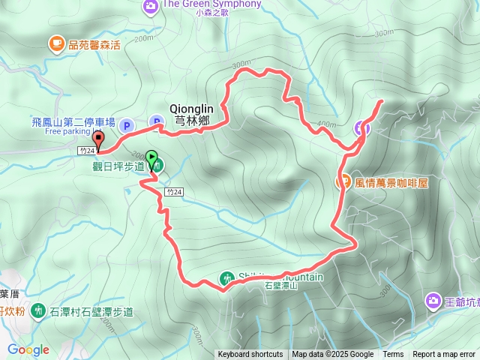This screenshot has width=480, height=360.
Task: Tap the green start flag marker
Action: coord(152,158)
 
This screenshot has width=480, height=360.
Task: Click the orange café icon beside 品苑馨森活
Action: coord(56,43)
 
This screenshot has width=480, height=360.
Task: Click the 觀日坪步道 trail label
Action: coord(118,166)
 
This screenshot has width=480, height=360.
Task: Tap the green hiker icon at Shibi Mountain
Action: coord(227,278)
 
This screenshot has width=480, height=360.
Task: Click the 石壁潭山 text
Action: coord(281,286)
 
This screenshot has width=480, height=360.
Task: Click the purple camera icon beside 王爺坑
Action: coord(433,301)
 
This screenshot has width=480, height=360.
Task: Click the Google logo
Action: coord(28,349)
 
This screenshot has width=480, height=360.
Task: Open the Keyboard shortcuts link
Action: coord(250,355)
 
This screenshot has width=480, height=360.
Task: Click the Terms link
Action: coord(393,355)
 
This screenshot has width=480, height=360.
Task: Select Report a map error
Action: coord(444,355)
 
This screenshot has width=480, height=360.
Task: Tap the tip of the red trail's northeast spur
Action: coord(382,101)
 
